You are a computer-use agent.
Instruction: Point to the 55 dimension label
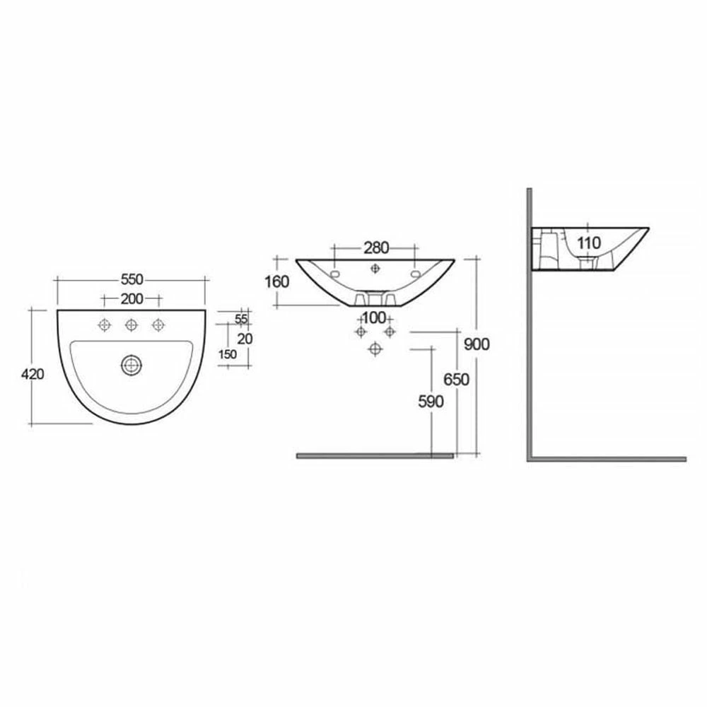coord(241,319)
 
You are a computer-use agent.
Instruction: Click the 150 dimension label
coord(228,355)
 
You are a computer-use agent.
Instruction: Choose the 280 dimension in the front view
coord(376,247)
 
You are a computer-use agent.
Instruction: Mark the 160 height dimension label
coord(277,281)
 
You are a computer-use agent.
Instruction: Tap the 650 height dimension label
coord(456,380)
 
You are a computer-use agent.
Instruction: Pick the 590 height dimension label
coord(430,402)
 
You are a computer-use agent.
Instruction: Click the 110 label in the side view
coord(588,243)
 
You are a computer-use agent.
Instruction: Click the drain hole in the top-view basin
coord(132,364)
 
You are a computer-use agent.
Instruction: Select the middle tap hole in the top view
coord(132,325)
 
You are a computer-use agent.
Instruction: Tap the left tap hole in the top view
coord(105,325)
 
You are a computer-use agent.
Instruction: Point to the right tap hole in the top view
coord(158,325)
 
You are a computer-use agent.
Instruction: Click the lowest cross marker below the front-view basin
coord(375,348)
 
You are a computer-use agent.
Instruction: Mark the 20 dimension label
coord(245,339)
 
